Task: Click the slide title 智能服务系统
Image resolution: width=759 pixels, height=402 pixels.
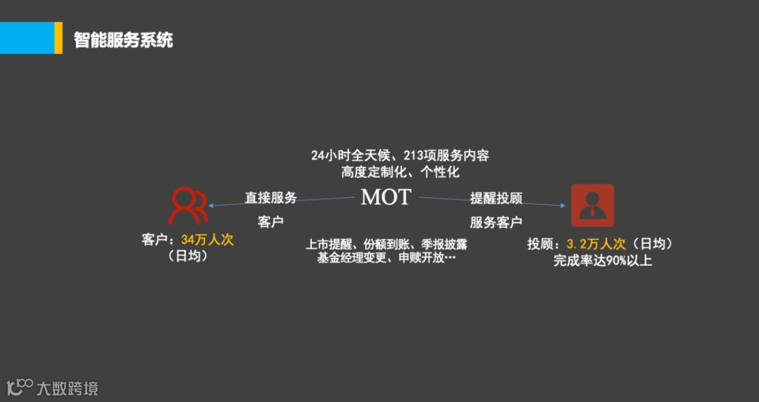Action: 124,39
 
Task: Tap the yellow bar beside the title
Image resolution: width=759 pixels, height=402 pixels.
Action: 58,38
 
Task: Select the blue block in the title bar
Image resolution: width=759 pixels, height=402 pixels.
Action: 27,38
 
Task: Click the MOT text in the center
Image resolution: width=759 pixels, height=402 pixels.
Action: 385,197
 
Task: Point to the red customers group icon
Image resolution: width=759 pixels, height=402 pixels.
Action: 188,205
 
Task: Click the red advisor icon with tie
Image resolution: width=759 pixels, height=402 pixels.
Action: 592,205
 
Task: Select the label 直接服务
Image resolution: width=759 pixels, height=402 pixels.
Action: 271,197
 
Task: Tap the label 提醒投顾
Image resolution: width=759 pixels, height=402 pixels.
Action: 496,197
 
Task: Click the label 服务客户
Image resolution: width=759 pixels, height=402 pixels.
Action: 496,223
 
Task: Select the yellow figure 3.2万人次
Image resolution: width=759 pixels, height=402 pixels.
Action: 596,244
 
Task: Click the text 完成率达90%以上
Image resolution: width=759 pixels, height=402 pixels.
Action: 602,261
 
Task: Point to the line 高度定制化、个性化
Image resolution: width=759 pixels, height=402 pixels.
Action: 400,171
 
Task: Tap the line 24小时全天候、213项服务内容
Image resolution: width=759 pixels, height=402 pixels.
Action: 400,155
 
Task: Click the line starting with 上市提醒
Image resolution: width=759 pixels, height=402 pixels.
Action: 387,244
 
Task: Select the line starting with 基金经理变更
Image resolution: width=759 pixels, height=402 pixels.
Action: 387,258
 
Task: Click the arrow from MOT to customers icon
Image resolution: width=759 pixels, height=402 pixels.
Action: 281,202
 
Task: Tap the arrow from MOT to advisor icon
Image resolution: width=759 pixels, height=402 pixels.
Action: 492,202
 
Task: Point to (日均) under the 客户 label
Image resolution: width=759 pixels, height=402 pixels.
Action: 188,257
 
